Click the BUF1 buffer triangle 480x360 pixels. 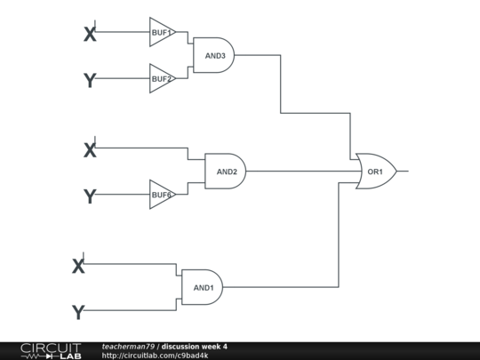point(161,33)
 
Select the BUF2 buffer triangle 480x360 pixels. point(161,79)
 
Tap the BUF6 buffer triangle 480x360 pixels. point(161,195)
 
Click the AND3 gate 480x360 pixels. point(214,55)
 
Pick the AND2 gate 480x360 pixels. point(225,171)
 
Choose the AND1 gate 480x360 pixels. point(203,287)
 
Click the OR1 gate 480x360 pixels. point(375,171)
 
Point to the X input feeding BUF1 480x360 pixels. point(89,34)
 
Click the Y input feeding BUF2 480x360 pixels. point(89,80)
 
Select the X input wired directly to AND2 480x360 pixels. point(89,149)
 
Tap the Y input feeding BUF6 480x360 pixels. point(89,196)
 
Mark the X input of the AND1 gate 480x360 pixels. point(78,265)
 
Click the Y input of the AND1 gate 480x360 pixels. point(78,311)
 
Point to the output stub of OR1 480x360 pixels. point(403,171)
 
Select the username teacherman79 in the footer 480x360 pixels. point(128,346)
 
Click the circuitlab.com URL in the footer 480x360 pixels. point(155,356)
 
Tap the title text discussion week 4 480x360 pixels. point(195,346)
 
